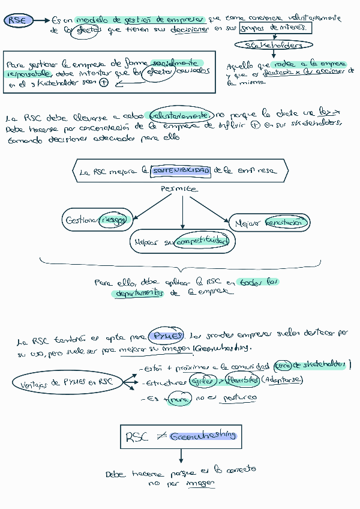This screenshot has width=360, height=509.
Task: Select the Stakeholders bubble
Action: tap(274, 45)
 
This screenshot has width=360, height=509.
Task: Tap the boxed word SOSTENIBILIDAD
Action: tap(181, 171)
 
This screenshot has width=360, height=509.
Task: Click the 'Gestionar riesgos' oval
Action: tap(96, 220)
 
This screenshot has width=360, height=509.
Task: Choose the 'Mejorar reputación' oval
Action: tap(270, 223)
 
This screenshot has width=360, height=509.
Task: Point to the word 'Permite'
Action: tap(179, 189)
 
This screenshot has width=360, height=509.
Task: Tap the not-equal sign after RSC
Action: tap(161, 437)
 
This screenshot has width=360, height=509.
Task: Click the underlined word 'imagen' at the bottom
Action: tap(200, 483)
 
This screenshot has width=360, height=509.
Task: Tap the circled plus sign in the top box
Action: tap(104, 83)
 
